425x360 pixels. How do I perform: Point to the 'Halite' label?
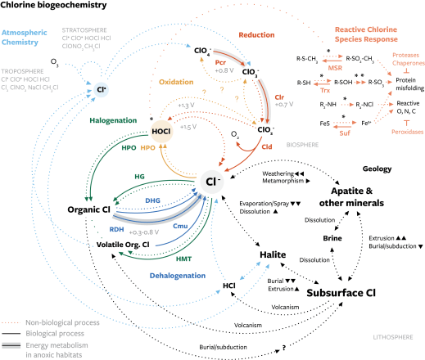[x=273, y=255]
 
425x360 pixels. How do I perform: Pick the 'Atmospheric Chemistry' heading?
[x=32, y=40]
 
